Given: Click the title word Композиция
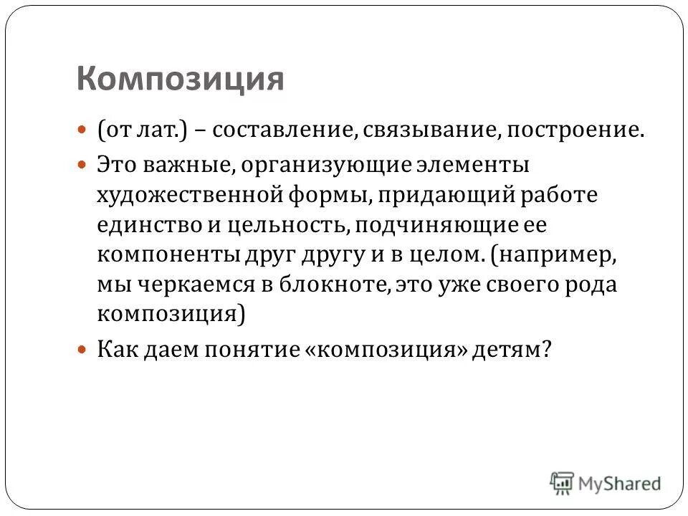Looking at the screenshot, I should (x=180, y=78).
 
